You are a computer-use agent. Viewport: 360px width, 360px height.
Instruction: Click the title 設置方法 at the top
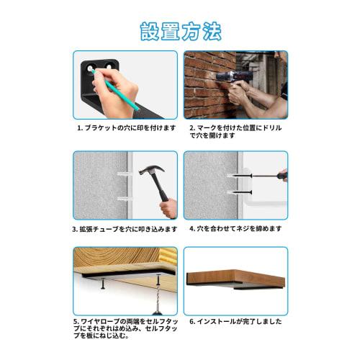click(x=180, y=32)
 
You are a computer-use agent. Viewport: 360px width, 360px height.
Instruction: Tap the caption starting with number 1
click(x=126, y=127)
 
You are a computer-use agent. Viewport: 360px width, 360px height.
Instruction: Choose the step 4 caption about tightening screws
click(x=235, y=228)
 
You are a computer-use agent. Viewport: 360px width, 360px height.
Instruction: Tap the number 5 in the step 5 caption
click(x=76, y=321)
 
